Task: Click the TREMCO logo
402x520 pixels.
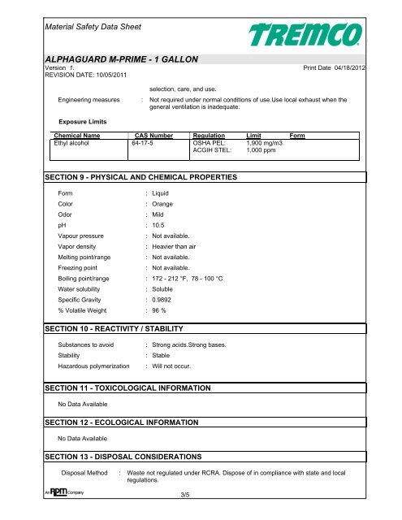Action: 321,36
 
